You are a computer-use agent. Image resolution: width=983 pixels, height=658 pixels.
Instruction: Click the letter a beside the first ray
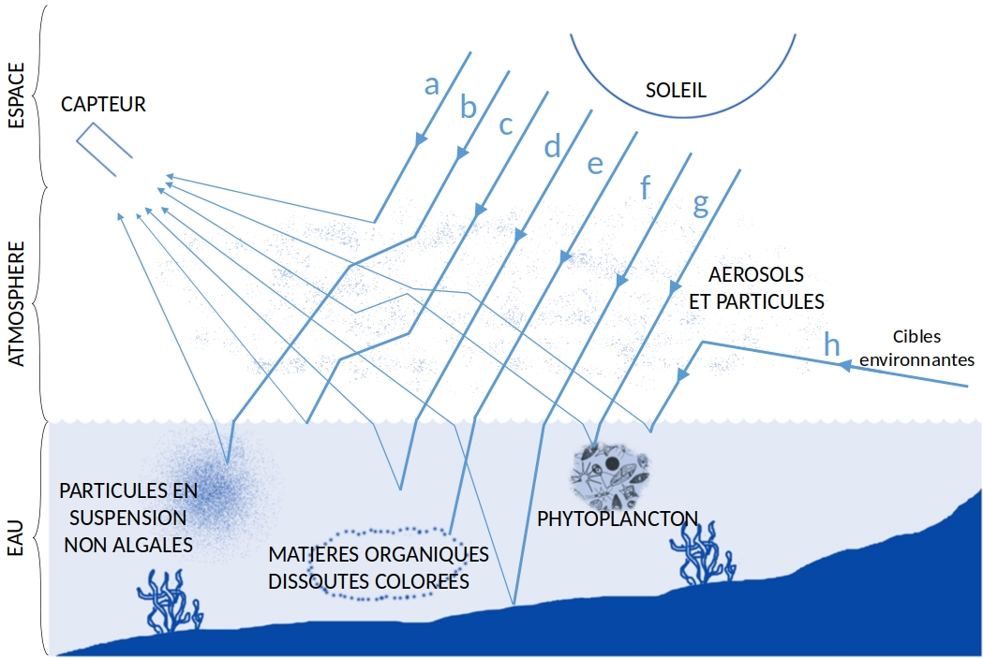click(x=431, y=85)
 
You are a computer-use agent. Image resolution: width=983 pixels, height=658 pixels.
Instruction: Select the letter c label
click(x=506, y=124)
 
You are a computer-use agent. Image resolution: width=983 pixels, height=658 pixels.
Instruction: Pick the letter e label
click(x=594, y=164)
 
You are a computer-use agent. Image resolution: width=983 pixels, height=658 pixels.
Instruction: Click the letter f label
click(x=645, y=187)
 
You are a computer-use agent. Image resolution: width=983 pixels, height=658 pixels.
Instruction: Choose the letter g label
click(x=700, y=204)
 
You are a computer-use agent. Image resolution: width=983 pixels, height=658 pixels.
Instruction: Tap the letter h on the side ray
click(x=831, y=344)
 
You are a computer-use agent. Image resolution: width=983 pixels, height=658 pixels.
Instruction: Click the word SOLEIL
click(x=676, y=91)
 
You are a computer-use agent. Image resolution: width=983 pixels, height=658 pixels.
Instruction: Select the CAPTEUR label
click(x=103, y=105)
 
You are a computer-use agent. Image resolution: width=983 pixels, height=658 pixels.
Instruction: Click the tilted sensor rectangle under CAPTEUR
click(x=103, y=150)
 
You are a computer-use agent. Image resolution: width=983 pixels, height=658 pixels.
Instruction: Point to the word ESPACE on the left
click(x=16, y=95)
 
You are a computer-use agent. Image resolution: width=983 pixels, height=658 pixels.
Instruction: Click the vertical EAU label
click(x=16, y=538)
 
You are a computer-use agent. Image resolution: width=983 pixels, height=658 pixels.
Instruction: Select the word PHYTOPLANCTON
click(x=618, y=518)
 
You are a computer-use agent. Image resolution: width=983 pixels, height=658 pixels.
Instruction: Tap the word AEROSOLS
click(x=756, y=275)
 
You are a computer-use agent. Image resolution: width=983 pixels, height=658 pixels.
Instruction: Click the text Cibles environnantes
click(x=916, y=347)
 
